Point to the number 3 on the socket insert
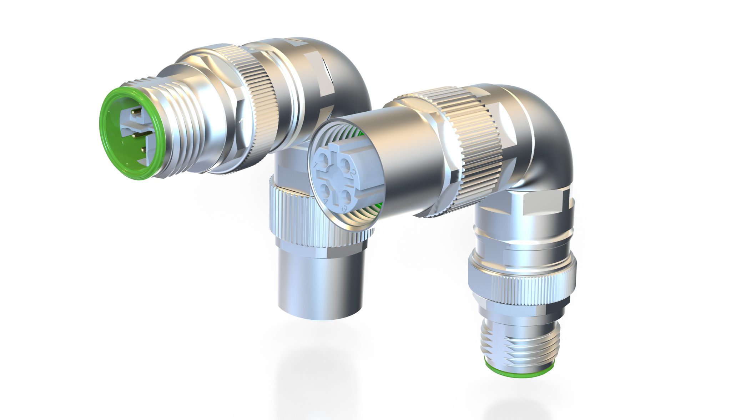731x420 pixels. point(344,208)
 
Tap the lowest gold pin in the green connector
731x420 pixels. point(142,150)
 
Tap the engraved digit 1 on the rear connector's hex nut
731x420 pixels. point(242,125)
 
